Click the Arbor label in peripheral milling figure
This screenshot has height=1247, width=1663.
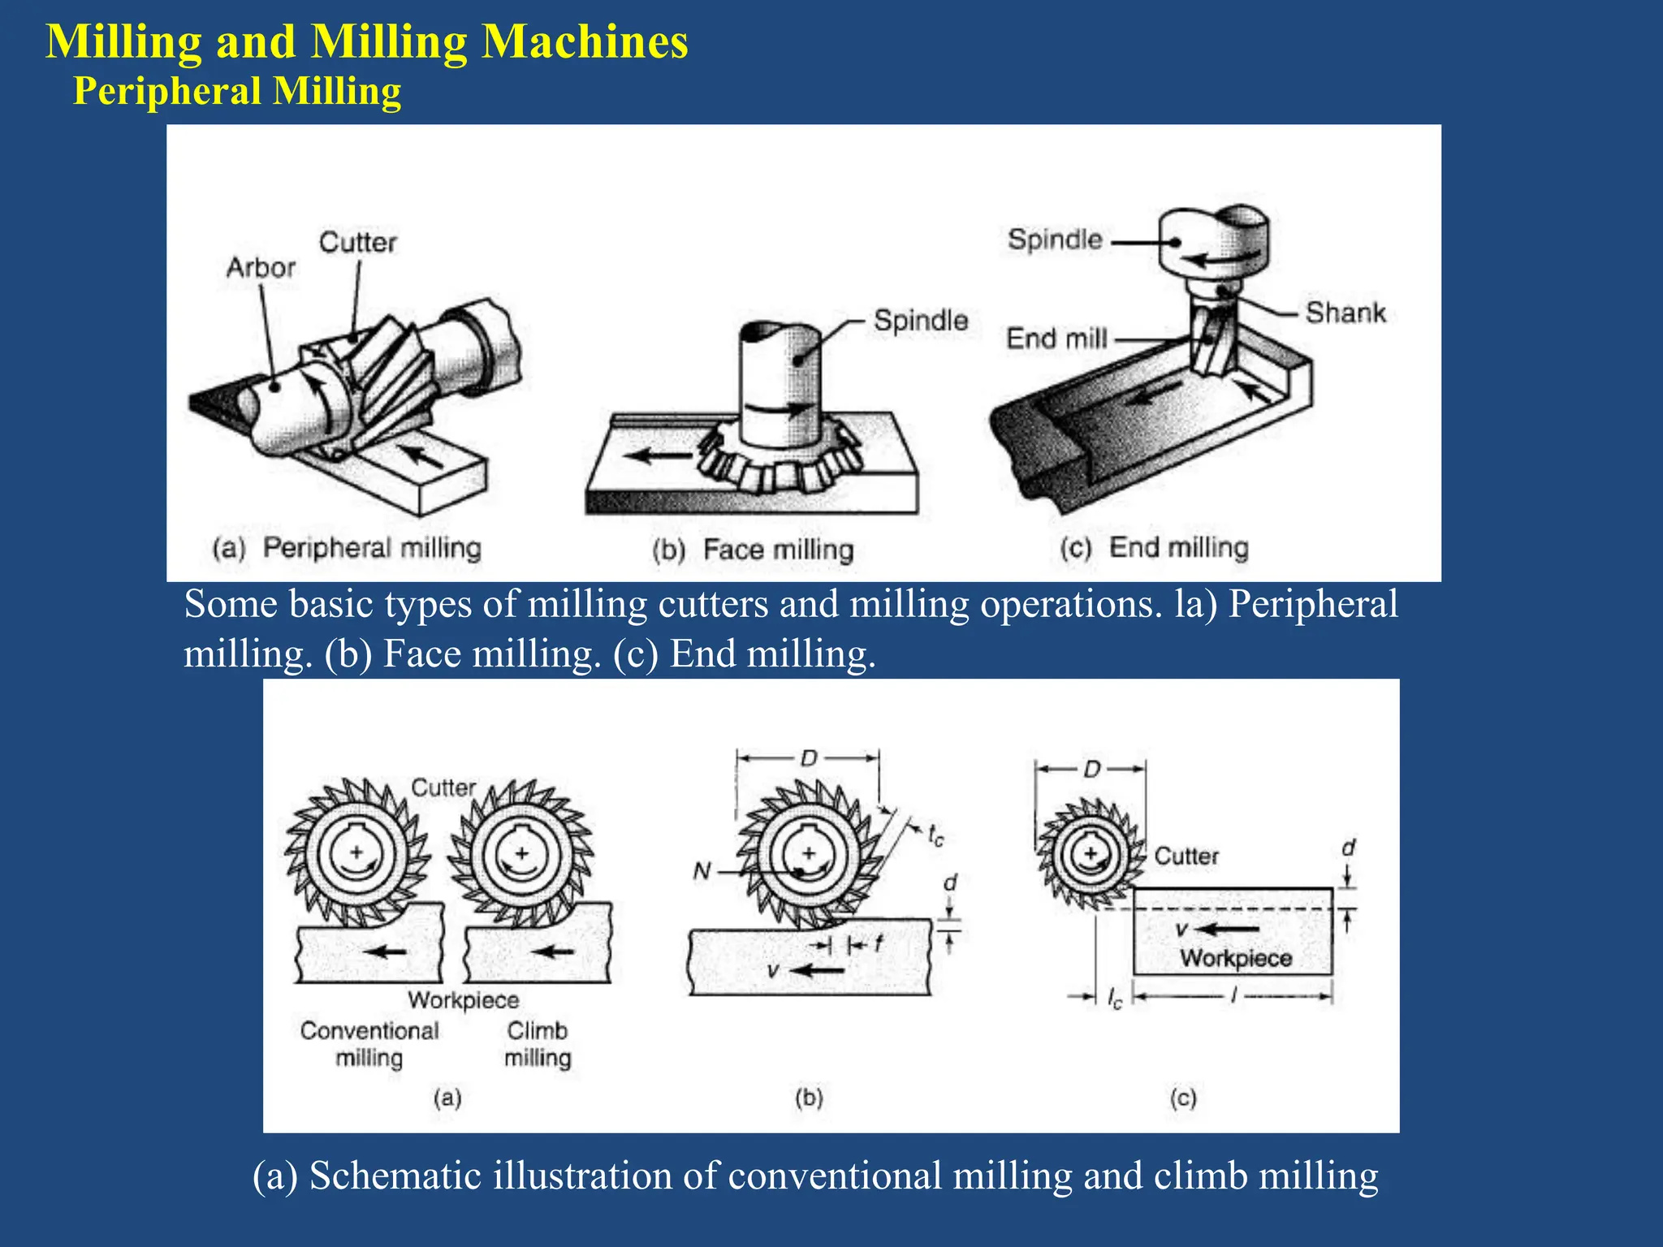tap(260, 268)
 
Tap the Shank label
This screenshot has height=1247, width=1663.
tap(1345, 313)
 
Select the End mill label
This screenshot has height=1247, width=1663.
tap(1056, 339)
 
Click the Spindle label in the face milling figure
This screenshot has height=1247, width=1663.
tap(921, 321)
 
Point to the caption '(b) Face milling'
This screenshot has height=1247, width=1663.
tap(753, 550)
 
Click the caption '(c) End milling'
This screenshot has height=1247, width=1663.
tap(1154, 548)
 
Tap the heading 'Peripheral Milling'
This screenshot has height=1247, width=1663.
tap(237, 91)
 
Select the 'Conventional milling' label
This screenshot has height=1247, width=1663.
tap(369, 1044)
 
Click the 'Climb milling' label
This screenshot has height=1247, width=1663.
tap(538, 1044)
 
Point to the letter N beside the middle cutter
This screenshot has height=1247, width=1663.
tap(702, 872)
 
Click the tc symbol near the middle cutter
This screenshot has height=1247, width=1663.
tap(935, 835)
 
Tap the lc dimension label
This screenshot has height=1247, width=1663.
tap(1115, 999)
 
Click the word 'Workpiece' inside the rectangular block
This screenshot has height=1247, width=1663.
tap(1236, 958)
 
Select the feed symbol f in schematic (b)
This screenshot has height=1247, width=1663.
tap(879, 943)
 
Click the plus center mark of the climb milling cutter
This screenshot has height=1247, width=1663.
tap(522, 853)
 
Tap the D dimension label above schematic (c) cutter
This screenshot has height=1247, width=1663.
tap(1091, 769)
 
